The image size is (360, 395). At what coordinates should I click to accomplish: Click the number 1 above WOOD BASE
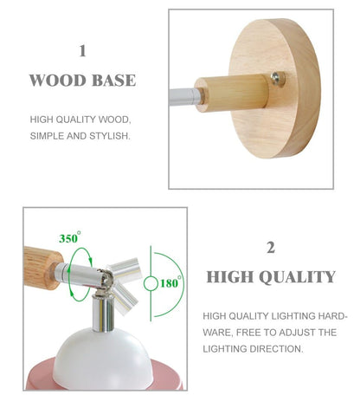point(82,51)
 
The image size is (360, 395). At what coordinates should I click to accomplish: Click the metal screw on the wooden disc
point(276,78)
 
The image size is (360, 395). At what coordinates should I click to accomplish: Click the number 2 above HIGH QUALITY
point(271,248)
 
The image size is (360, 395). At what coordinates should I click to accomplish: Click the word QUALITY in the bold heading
point(297,277)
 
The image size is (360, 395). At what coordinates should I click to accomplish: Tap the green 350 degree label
point(68,237)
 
